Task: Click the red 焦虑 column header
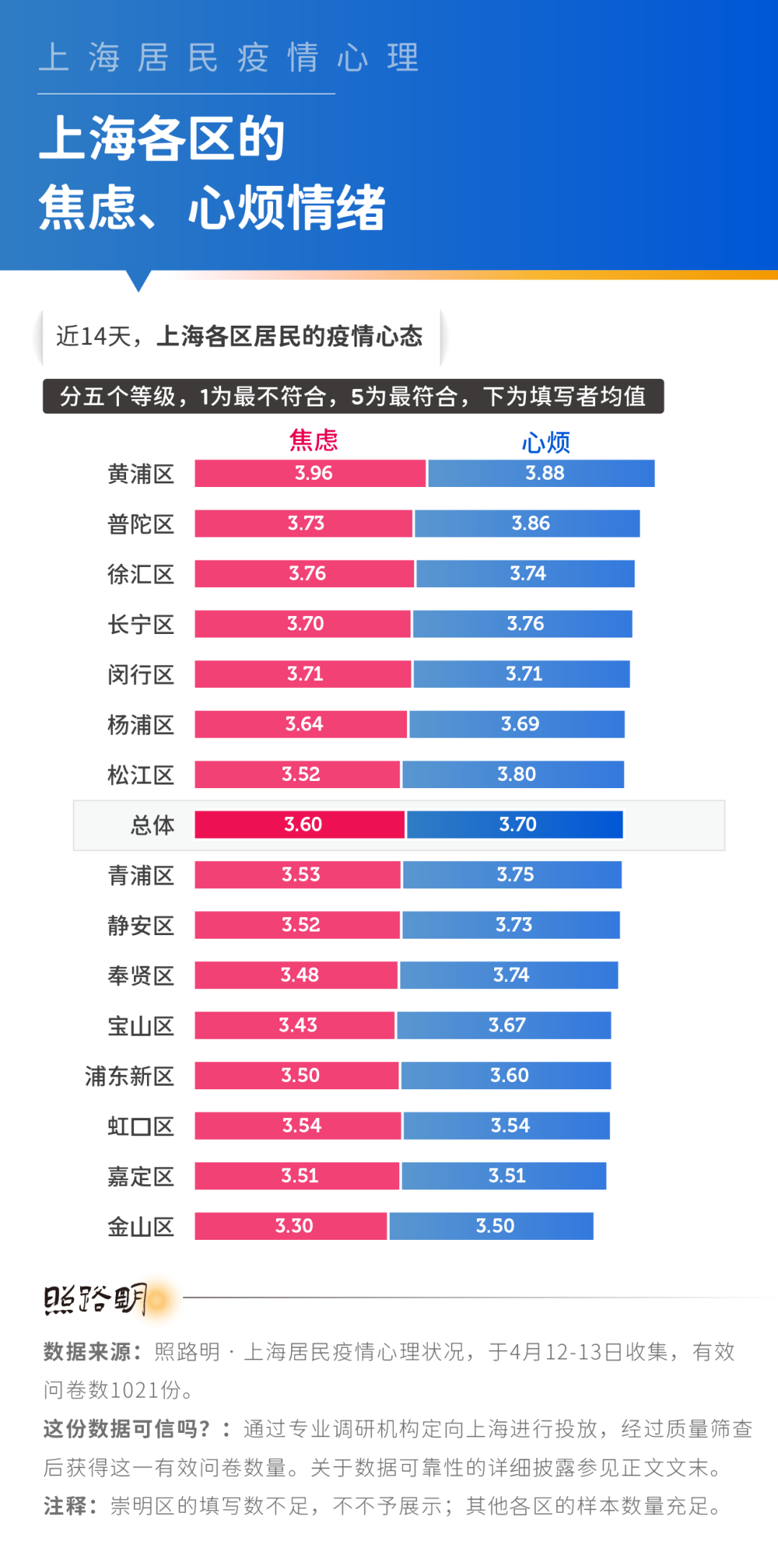[313, 439]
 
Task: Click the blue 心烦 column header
[545, 442]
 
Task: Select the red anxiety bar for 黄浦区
[310, 473]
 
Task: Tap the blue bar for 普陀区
[527, 524]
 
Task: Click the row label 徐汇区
[140, 574]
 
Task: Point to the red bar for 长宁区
[303, 624]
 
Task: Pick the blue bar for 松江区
[513, 774]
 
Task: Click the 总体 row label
[152, 825]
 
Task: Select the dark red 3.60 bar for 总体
[300, 825]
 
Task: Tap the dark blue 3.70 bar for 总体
[514, 825]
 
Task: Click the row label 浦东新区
[130, 1076]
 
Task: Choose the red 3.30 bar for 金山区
[291, 1226]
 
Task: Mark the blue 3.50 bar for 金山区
[491, 1226]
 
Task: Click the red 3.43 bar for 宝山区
[295, 1025]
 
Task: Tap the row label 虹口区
[140, 1126]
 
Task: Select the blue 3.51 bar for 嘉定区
[504, 1176]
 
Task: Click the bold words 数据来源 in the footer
[87, 1352]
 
